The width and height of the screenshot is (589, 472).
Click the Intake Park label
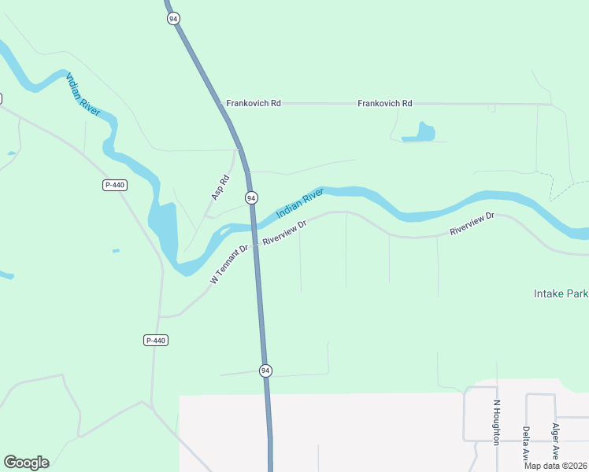pos(560,293)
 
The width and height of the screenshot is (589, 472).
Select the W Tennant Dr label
pos(229,264)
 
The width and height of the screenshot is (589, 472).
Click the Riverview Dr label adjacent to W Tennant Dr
pos(283,232)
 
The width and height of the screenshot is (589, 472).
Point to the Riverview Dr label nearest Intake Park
pos(472,224)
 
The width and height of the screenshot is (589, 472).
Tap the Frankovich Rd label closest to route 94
pos(254,103)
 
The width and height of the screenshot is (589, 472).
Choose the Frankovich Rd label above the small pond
pos(384,103)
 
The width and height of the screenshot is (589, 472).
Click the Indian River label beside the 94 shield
pos(300,202)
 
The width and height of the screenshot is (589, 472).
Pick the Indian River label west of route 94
pos(83,95)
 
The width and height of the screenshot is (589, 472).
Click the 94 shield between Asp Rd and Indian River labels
pos(250,198)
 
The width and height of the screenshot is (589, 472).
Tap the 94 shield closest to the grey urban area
pos(265,370)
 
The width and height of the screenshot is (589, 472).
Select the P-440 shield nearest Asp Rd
pos(115,185)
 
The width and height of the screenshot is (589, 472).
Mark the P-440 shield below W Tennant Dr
pos(156,340)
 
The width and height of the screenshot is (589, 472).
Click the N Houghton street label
pos(496,422)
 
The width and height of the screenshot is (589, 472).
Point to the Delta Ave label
pos(525,443)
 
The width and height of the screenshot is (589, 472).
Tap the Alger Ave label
pos(555,441)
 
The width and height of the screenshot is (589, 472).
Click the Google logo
pos(26,463)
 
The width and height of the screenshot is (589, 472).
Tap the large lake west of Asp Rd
pos(165,228)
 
